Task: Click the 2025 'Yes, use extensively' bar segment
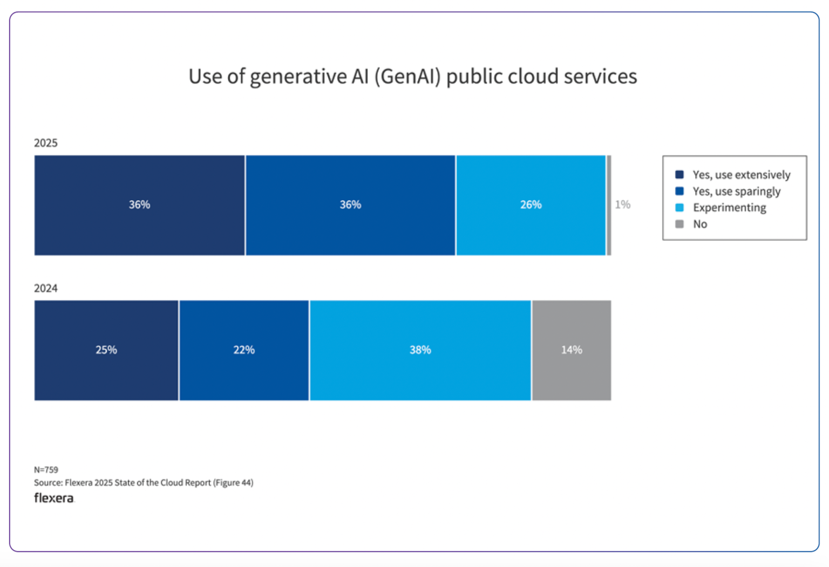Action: [139, 205]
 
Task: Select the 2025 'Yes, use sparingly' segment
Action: [350, 205]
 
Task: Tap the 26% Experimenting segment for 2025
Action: [531, 205]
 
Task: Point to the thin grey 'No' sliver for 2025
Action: [609, 205]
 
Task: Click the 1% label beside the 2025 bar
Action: [622, 204]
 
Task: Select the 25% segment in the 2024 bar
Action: [106, 350]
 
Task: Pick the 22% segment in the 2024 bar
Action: [244, 350]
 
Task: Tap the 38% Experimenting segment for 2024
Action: [420, 350]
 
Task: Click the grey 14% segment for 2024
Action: [572, 350]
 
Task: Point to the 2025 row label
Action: [46, 143]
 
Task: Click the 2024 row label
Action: [46, 288]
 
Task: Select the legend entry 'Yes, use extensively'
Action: [741, 175]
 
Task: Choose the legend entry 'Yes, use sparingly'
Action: [736, 192]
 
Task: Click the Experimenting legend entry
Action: [729, 208]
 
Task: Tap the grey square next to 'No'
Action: [679, 224]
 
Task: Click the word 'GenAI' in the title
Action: [407, 77]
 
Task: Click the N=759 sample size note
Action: [46, 470]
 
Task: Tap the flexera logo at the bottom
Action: [54, 498]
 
